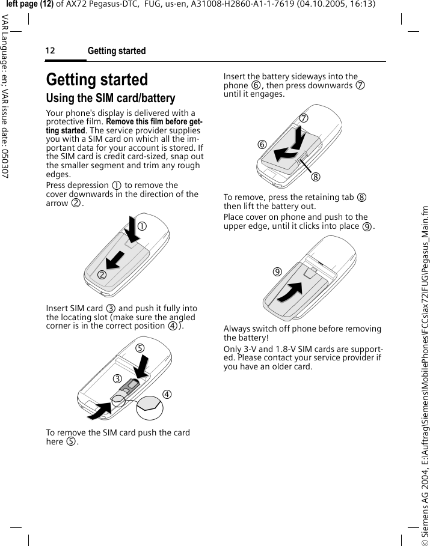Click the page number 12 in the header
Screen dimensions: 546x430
[50, 51]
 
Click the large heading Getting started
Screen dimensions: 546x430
[97, 79]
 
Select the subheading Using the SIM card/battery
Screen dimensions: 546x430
[111, 98]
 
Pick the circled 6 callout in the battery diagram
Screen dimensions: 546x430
[262, 144]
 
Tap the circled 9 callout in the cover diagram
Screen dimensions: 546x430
[277, 271]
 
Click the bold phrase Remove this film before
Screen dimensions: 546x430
[150, 122]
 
